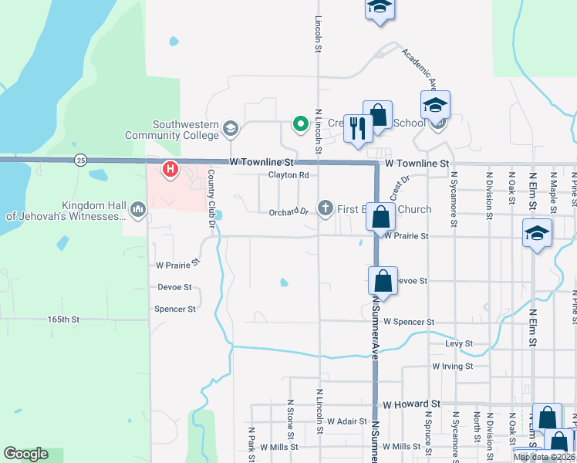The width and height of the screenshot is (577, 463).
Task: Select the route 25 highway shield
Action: tap(81, 161)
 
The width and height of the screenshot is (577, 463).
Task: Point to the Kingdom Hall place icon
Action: tap(138, 209)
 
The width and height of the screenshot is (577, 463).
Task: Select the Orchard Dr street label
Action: tap(288, 212)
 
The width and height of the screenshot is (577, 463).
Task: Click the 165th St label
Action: tap(63, 319)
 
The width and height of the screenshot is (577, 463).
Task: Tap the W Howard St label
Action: tap(411, 404)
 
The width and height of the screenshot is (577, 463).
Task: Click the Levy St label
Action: tap(458, 343)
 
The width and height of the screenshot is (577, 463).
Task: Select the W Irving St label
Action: tap(452, 367)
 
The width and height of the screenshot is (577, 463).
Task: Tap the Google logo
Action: tap(25, 454)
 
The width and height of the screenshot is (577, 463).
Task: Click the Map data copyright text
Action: tap(544, 458)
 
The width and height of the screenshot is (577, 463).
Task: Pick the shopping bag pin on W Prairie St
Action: tap(381, 217)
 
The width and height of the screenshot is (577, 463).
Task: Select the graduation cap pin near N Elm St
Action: tap(537, 233)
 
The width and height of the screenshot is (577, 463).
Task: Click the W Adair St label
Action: tap(346, 422)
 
